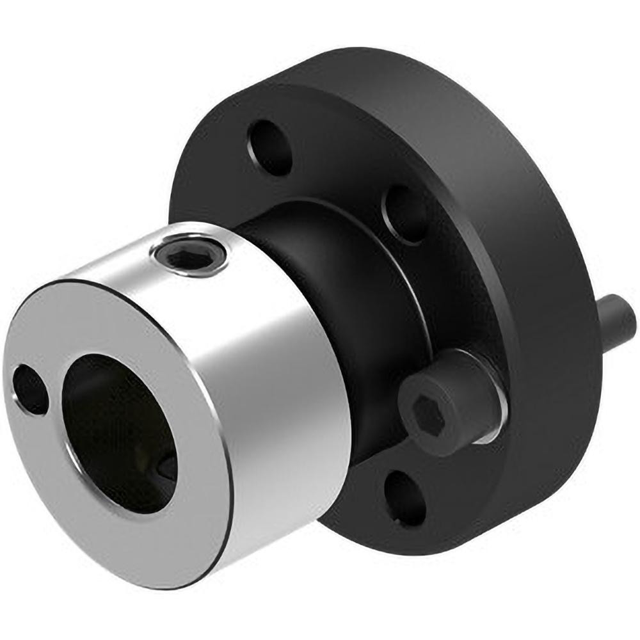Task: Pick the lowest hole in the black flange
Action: (405, 496)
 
